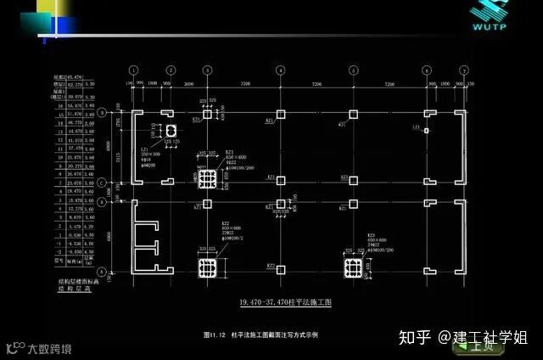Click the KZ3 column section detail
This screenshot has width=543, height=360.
tap(353, 267)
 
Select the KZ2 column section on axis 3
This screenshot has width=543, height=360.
tap(207, 267)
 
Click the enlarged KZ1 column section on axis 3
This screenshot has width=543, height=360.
tap(207, 178)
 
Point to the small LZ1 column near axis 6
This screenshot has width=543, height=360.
tap(426, 131)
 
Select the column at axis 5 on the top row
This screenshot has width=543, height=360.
tap(352, 114)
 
